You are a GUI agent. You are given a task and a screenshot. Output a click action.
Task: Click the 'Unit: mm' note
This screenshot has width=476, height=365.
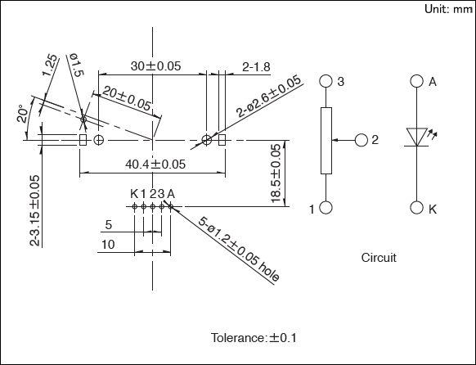click(449, 9)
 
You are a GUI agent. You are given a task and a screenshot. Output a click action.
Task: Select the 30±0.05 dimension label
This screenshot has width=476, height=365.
click(155, 66)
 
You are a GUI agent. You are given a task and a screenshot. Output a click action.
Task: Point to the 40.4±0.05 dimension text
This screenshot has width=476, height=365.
click(155, 164)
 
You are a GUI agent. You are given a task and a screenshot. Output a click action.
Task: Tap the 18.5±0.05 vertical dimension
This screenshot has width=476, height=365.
click(276, 173)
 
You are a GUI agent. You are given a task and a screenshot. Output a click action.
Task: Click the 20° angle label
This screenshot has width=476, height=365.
click(23, 114)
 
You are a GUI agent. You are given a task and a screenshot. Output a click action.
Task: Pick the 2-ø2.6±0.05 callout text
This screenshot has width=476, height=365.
click(268, 96)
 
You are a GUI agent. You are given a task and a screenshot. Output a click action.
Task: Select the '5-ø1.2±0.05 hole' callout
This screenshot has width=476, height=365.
click(239, 249)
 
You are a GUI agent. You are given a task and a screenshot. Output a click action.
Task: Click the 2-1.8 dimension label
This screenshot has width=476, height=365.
click(256, 67)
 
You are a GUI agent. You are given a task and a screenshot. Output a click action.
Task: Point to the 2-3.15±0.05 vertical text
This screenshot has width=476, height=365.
click(35, 211)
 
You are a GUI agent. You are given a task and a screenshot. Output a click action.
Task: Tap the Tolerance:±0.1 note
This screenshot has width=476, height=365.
click(254, 338)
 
